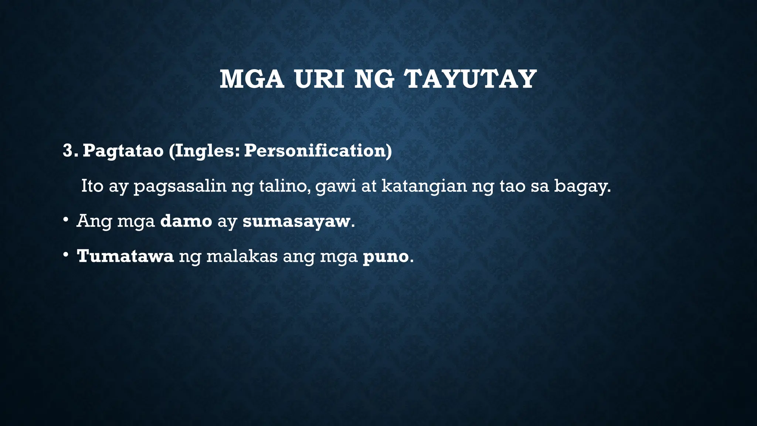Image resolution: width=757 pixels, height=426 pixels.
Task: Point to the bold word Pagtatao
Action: (123, 151)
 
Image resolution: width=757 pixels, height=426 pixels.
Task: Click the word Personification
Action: (318, 151)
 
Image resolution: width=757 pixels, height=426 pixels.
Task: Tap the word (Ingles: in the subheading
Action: (204, 151)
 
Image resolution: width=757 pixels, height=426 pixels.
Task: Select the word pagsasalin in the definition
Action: (180, 186)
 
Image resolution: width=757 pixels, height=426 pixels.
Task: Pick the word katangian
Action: (424, 186)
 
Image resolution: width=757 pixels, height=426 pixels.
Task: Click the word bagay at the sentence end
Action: (582, 186)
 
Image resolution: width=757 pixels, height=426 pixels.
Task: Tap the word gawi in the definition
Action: (336, 186)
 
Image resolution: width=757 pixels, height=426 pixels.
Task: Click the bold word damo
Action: (186, 221)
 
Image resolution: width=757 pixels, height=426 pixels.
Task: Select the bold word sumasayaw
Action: (296, 221)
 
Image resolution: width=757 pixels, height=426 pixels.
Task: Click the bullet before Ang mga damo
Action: (65, 220)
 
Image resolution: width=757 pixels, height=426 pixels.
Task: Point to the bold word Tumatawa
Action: (125, 256)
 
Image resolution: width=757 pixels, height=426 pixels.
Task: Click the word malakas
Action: (242, 256)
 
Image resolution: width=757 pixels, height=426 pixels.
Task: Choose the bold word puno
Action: (386, 257)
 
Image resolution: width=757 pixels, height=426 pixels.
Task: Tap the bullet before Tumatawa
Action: (65, 255)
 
